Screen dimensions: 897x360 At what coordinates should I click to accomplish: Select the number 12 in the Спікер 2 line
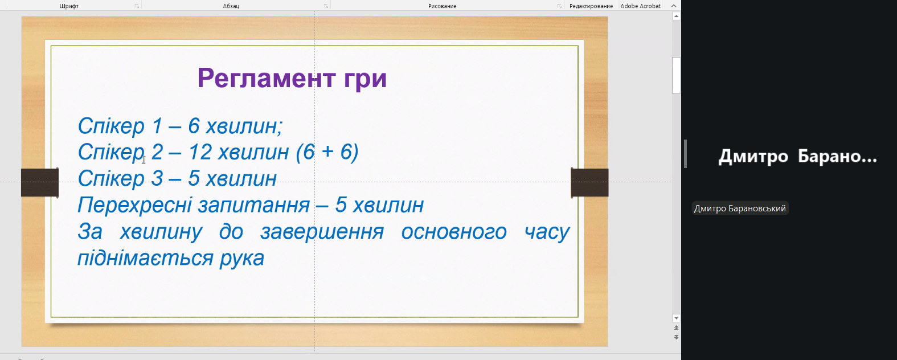[x=199, y=152]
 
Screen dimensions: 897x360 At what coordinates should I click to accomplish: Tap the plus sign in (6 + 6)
[x=327, y=152]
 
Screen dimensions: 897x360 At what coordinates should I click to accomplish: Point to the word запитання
[x=254, y=206]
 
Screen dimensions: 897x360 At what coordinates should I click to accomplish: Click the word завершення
[x=322, y=232]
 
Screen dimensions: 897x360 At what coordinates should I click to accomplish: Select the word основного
[x=454, y=232]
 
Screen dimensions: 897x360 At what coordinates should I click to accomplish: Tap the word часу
[x=547, y=232]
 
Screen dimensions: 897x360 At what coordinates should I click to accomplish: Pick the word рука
[x=242, y=259]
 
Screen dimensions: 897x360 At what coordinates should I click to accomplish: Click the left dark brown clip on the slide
[x=40, y=183]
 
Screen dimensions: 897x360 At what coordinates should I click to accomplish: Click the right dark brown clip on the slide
[x=589, y=183]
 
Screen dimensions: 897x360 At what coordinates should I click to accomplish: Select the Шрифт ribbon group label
[x=69, y=6]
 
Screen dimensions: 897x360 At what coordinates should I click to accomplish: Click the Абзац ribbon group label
[x=231, y=6]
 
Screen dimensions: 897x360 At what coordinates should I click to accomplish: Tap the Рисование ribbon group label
[x=442, y=6]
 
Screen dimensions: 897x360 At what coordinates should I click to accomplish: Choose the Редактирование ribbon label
[x=591, y=6]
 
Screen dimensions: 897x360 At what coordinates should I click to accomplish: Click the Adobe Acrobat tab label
[x=640, y=6]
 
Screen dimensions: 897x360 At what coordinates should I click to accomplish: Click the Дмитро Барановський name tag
[x=740, y=208]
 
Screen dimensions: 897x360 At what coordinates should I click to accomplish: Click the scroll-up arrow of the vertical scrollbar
[x=677, y=16]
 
